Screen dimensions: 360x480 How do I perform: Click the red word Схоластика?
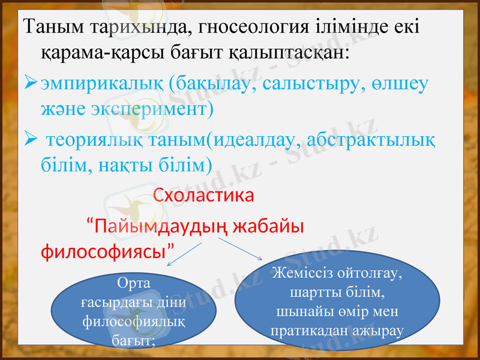click(203, 196)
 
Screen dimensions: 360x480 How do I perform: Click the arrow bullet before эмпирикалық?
click(29, 84)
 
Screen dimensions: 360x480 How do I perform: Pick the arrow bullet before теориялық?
click(29, 139)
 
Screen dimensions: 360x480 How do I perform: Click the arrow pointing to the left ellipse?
click(185, 256)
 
